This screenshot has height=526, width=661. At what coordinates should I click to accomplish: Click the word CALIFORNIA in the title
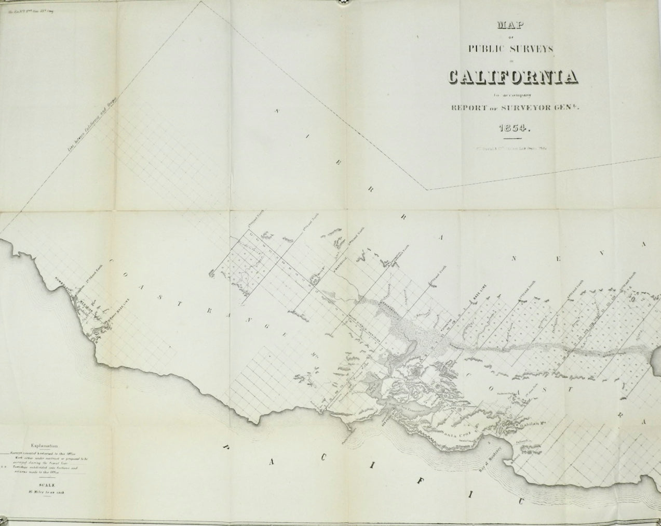tap(511, 77)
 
